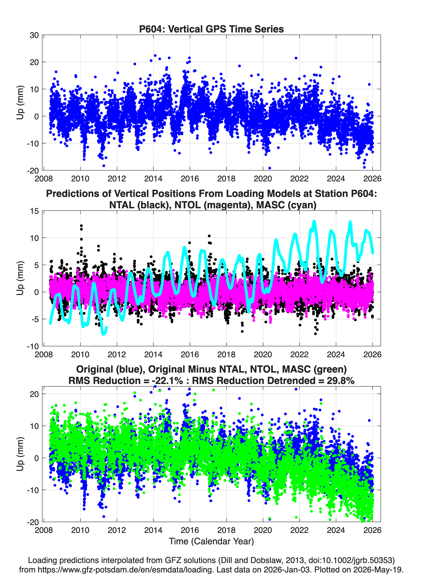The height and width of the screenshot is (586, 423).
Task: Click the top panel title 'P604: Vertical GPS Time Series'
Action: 211,29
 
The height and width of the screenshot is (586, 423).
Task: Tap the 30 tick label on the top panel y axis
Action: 34,35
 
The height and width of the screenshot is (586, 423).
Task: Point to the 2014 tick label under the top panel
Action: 153,179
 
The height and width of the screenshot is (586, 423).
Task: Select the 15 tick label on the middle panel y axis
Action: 34,211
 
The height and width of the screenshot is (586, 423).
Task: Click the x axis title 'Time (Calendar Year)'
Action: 211,541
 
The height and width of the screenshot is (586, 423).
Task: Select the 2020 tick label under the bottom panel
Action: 263,530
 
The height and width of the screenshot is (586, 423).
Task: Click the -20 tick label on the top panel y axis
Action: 33,171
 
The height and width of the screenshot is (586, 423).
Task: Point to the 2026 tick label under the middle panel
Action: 372,354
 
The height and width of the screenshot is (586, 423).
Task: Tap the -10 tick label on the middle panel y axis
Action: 33,346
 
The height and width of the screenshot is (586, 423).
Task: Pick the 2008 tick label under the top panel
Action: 44,179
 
